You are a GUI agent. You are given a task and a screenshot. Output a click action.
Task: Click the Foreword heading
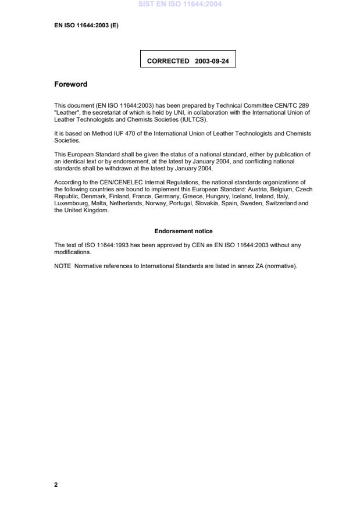[70, 84]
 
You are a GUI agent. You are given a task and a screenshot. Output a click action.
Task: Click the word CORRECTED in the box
[168, 60]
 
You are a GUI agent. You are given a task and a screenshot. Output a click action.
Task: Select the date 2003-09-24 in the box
[212, 60]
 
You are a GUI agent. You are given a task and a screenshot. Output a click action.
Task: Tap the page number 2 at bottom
[56, 484]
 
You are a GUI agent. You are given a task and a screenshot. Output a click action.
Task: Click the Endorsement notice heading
[183, 231]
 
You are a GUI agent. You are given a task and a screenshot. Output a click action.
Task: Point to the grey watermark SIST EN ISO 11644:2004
[180, 5]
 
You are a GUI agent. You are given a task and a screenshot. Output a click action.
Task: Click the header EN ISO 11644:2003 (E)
[86, 25]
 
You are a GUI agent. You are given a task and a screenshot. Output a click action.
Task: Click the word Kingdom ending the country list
[98, 211]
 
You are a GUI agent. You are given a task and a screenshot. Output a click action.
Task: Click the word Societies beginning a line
[67, 140]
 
